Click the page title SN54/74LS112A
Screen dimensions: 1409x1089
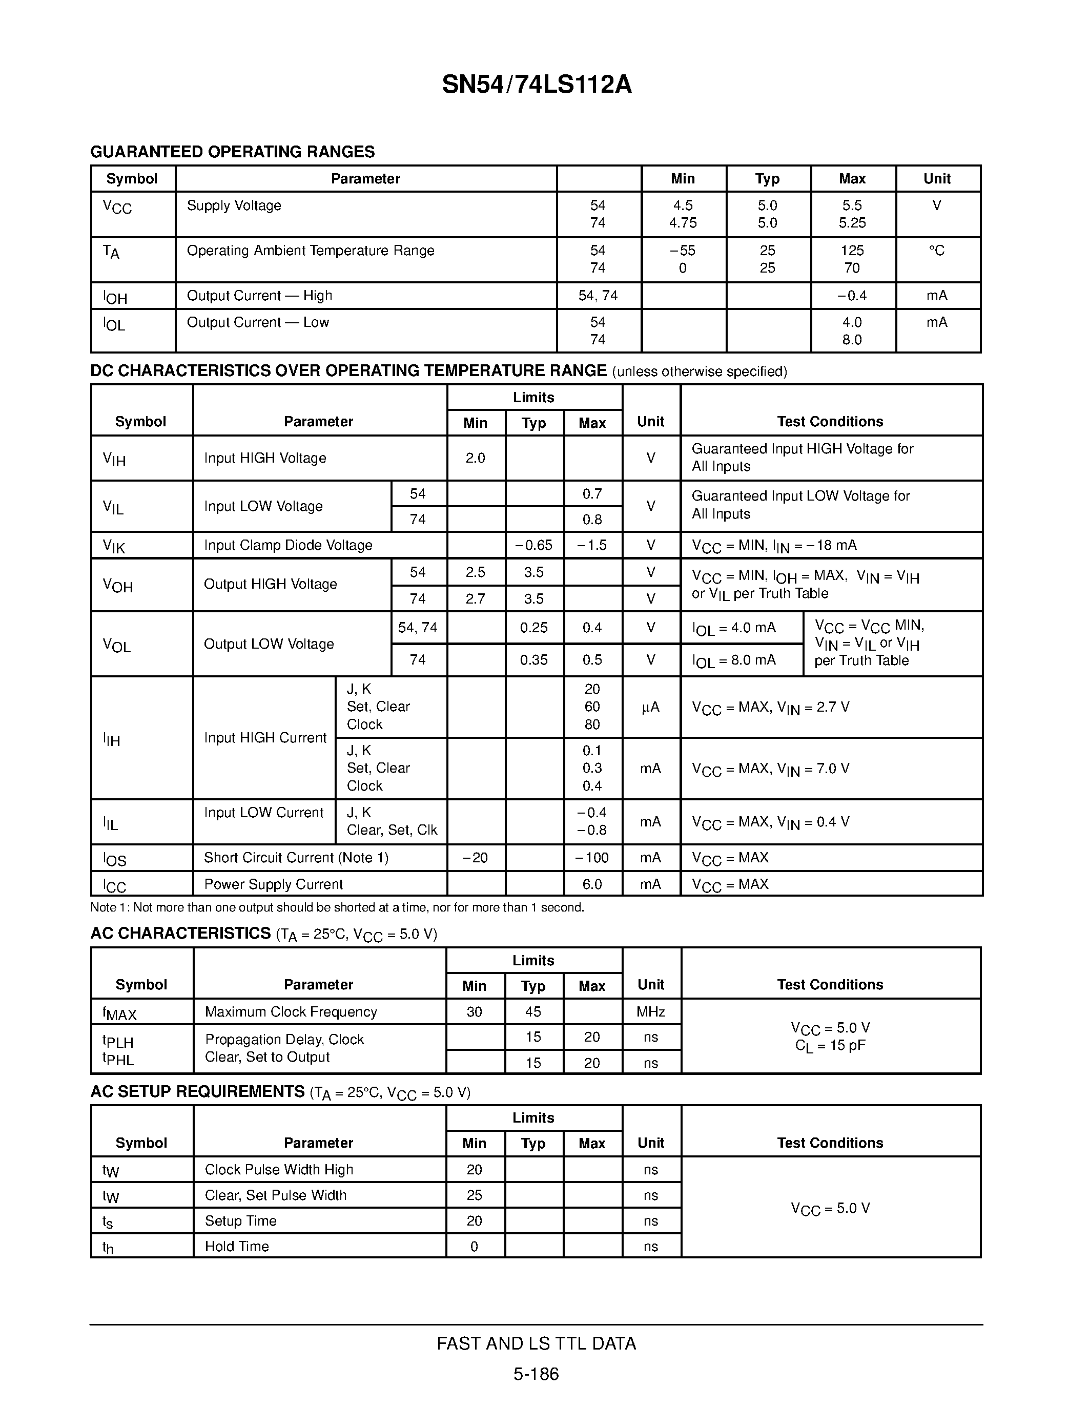tap(537, 85)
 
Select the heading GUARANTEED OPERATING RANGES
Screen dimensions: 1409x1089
tap(232, 152)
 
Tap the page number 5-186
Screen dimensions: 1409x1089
tap(536, 1374)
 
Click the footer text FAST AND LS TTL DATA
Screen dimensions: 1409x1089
tap(536, 1343)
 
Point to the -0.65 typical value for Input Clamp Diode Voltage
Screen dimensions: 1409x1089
tap(533, 545)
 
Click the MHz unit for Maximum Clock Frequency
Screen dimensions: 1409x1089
tap(650, 1011)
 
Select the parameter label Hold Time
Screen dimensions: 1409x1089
tap(237, 1247)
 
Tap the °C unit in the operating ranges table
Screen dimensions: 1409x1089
tap(937, 251)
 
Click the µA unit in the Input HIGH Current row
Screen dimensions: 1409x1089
tap(650, 707)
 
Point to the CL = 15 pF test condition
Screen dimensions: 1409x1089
tap(830, 1046)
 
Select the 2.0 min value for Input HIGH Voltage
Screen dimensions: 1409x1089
tap(476, 458)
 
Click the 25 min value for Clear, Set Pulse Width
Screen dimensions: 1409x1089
tap(474, 1195)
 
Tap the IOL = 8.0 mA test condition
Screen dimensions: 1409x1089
tap(734, 660)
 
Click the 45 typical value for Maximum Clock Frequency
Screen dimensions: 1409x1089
tap(533, 1011)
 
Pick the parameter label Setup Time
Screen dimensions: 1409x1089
tap(241, 1220)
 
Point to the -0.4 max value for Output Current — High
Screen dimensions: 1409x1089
tap(852, 296)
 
